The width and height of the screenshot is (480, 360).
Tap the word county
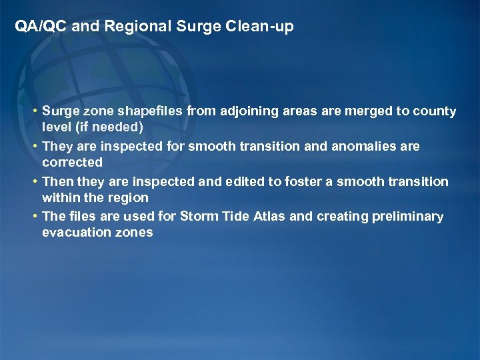[x=433, y=111]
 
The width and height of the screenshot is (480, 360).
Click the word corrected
[x=72, y=163]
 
